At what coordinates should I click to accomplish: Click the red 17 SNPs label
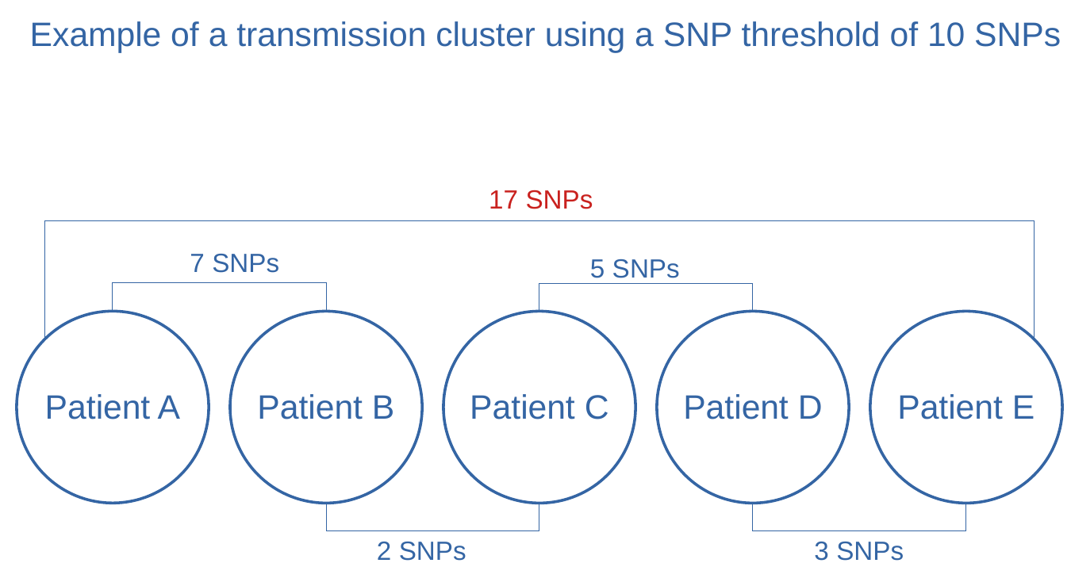(x=540, y=200)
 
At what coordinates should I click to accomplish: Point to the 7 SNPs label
(x=234, y=263)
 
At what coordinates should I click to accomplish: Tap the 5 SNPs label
(x=635, y=269)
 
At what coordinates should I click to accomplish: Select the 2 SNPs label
(x=421, y=551)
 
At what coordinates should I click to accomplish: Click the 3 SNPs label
(x=858, y=551)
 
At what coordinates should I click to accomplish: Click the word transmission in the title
(x=332, y=35)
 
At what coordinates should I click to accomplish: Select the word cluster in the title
(x=486, y=35)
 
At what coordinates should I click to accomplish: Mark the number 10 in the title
(x=946, y=35)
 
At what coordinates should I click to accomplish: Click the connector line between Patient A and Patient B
(x=220, y=283)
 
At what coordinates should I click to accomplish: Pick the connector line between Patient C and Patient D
(x=646, y=284)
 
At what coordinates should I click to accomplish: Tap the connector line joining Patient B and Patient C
(x=432, y=530)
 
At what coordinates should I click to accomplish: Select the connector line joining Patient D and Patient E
(x=859, y=530)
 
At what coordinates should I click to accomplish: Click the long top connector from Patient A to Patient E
(x=539, y=220)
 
